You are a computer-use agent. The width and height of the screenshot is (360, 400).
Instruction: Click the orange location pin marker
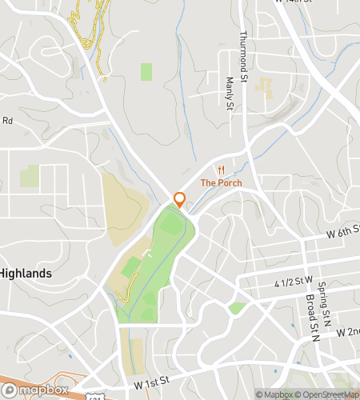[x=180, y=200]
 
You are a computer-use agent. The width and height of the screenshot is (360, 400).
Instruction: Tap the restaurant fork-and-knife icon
[x=221, y=170]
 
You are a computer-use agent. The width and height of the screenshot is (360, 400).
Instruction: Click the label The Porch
[x=221, y=182]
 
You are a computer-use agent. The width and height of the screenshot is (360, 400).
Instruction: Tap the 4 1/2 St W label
[x=291, y=282]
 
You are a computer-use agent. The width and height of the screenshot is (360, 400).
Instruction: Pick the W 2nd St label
[x=349, y=331]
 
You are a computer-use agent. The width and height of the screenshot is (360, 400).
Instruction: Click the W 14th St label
[x=293, y=2]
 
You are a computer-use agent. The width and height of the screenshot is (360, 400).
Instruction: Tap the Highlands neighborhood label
[x=26, y=273]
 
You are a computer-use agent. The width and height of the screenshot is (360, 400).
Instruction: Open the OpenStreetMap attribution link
[x=328, y=394]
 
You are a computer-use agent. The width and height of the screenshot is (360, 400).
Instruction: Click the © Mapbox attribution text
[x=274, y=394]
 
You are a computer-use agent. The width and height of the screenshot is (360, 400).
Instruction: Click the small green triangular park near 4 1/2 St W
[x=236, y=308]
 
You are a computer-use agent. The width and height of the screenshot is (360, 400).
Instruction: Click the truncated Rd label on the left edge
[x=7, y=121]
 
